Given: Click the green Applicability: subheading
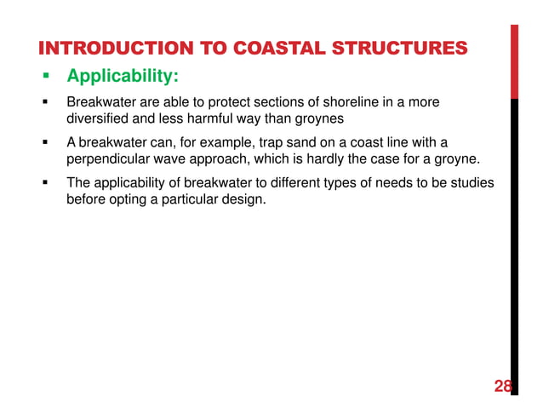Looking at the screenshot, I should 122,78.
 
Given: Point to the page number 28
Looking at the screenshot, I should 503,387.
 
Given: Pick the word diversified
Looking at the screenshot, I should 100,118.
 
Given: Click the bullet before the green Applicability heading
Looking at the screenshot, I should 48,78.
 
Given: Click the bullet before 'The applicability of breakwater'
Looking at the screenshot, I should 48,183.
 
